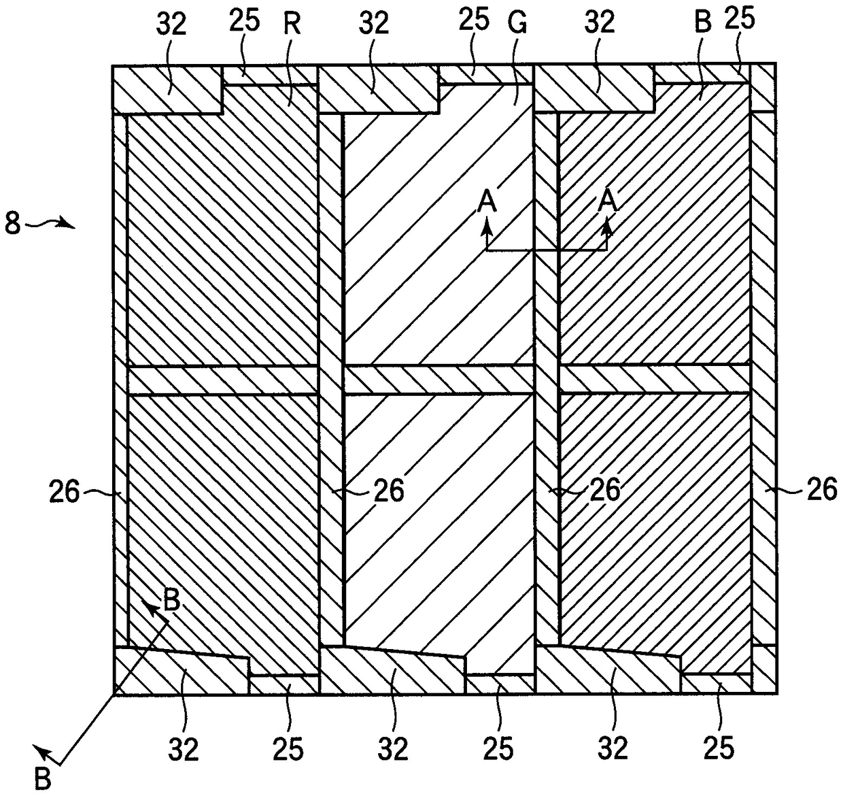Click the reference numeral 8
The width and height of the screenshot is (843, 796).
[x=12, y=223]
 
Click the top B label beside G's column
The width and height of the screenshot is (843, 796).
[x=702, y=23]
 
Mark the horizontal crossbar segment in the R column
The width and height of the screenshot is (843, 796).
[x=223, y=380]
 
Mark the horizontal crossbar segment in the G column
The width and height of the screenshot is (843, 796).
[x=438, y=380]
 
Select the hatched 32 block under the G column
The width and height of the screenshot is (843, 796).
[x=392, y=671]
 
